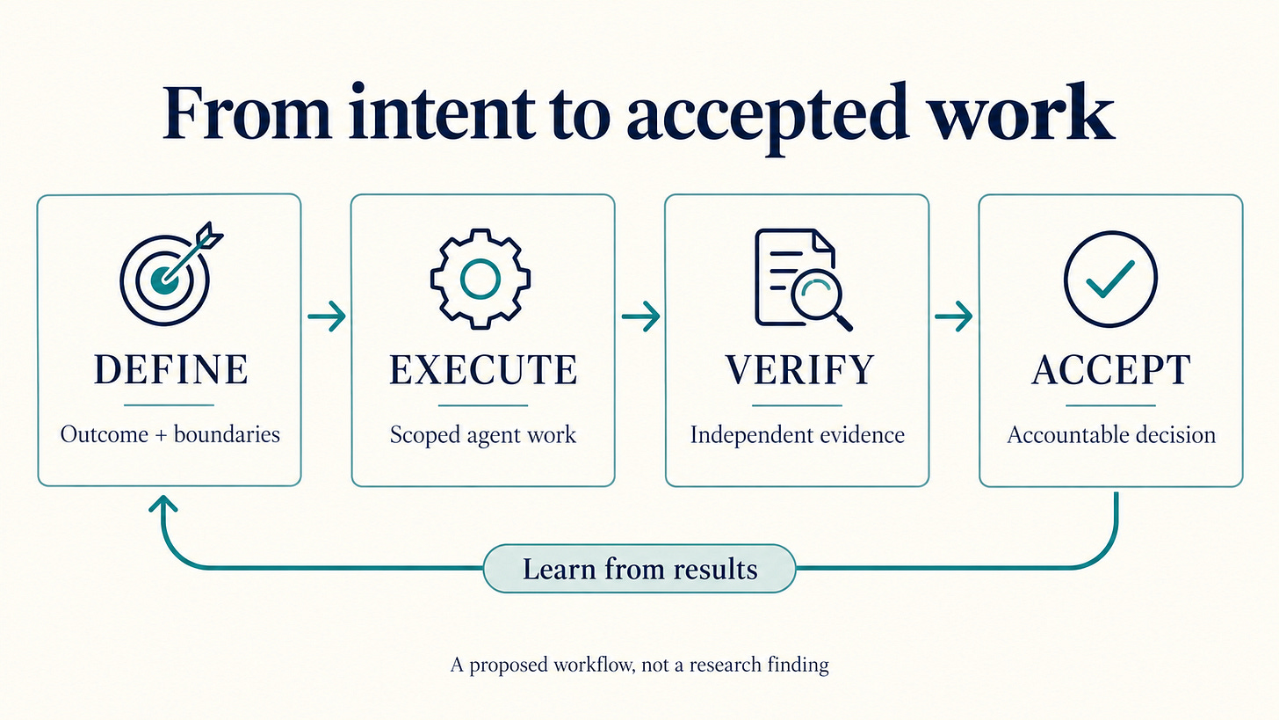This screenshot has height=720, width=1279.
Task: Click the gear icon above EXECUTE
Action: click(x=481, y=279)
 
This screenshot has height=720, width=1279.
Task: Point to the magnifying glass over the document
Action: click(x=820, y=299)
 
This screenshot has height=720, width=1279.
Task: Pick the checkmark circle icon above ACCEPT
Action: click(x=1110, y=279)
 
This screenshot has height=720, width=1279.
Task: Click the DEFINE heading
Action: click(x=170, y=369)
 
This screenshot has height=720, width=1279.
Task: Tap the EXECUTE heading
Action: click(x=483, y=370)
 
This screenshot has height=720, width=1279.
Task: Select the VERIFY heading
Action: click(x=799, y=370)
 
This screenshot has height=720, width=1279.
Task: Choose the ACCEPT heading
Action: click(x=1111, y=370)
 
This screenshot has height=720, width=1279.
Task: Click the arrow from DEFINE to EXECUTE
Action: click(x=327, y=316)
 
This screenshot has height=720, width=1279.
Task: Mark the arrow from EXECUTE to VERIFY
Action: click(x=640, y=316)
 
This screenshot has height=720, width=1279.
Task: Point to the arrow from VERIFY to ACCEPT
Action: click(x=954, y=316)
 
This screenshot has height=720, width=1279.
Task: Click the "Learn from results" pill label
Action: click(x=639, y=569)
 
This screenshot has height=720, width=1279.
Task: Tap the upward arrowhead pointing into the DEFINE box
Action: click(x=163, y=503)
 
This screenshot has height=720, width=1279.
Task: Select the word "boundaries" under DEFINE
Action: click(x=227, y=434)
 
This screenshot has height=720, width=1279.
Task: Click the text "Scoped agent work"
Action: click(x=483, y=435)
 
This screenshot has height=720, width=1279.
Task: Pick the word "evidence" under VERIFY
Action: click(x=863, y=435)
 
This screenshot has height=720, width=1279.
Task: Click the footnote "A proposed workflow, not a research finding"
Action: click(x=639, y=665)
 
